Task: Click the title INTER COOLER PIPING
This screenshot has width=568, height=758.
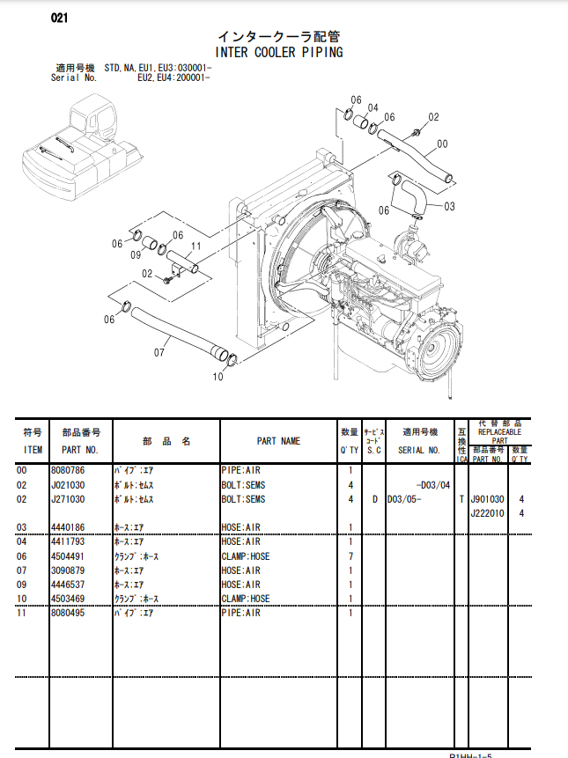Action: click(279, 52)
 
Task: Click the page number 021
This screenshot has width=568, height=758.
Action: click(61, 18)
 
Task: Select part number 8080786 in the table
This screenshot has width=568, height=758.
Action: click(68, 470)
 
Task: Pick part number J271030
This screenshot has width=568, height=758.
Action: click(68, 499)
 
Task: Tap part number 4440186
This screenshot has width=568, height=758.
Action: click(68, 527)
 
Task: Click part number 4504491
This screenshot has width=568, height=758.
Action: click(68, 556)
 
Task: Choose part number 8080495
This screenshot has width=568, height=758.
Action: click(68, 613)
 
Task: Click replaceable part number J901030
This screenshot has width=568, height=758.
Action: click(487, 499)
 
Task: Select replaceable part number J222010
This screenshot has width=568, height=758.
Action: click(487, 513)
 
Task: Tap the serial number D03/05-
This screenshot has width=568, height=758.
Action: click(405, 499)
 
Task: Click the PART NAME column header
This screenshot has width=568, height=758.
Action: click(278, 441)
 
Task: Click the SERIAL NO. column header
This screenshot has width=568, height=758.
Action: click(418, 449)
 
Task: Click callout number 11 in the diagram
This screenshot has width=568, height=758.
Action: click(196, 246)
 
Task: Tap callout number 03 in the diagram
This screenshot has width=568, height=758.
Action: click(449, 207)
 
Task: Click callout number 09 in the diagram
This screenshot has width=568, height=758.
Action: click(136, 254)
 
